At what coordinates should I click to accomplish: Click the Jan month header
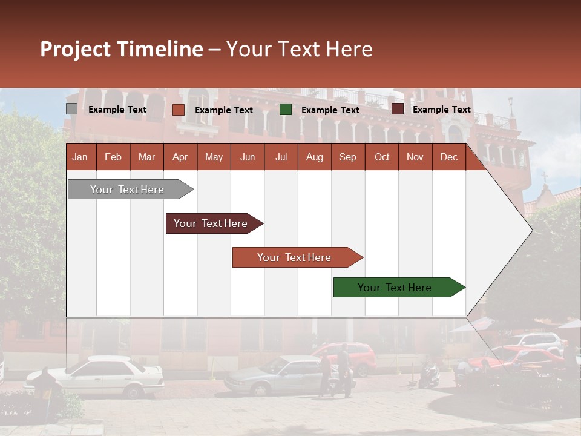tap(80, 157)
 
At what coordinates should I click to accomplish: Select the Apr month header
tap(180, 157)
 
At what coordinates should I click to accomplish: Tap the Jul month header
tap(281, 157)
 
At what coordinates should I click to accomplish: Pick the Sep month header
tap(347, 157)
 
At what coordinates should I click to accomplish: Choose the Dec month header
tap(448, 157)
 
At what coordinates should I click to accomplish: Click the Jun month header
tap(248, 157)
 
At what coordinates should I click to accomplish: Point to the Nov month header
tap(415, 157)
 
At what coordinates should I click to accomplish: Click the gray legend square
tap(71, 109)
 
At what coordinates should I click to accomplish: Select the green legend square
tap(286, 110)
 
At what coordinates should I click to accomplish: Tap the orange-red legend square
tap(178, 110)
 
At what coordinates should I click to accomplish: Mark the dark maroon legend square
tap(397, 109)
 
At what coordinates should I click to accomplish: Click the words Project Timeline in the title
tap(121, 49)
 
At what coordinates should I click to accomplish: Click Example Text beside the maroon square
tap(441, 110)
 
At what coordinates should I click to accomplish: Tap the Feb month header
tap(113, 157)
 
